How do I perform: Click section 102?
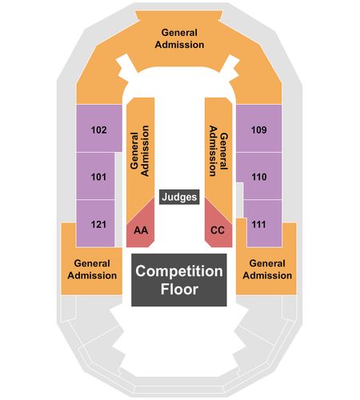(x=99, y=128)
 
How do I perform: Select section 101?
(x=96, y=176)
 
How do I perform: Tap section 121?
(x=96, y=223)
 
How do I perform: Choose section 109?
(x=259, y=128)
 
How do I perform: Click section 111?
(x=262, y=223)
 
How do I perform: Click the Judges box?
(x=179, y=197)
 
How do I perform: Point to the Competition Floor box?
(x=179, y=280)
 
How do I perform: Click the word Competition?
(x=179, y=271)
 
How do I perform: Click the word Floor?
(x=179, y=289)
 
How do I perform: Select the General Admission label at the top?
(x=179, y=38)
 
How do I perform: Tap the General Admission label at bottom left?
(x=92, y=270)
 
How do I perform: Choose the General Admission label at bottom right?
(x=267, y=270)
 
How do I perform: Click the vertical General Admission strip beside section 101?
(x=140, y=154)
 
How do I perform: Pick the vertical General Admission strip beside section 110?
(x=218, y=154)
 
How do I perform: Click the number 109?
(x=259, y=130)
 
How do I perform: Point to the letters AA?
(x=141, y=230)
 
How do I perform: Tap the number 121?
(x=98, y=224)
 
